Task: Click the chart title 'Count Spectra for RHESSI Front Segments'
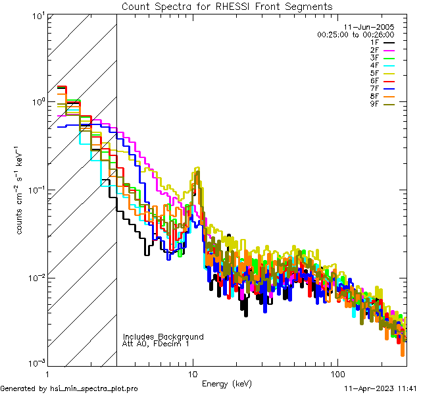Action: pyautogui.click(x=227, y=7)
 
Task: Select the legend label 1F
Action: pyautogui.click(x=374, y=42)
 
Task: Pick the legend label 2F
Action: pyautogui.click(x=374, y=50)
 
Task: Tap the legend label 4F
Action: pyautogui.click(x=374, y=66)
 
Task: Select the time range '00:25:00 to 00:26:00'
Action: pyautogui.click(x=356, y=34)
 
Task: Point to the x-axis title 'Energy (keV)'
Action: pyautogui.click(x=228, y=383)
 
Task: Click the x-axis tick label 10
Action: pyautogui.click(x=193, y=373)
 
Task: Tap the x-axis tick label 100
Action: pyautogui.click(x=337, y=373)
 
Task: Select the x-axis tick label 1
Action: pyautogui.click(x=48, y=373)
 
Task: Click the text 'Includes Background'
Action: pyautogui.click(x=163, y=336)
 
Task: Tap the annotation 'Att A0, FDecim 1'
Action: pyautogui.click(x=156, y=344)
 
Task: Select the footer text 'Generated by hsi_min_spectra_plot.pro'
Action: pyautogui.click(x=69, y=389)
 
